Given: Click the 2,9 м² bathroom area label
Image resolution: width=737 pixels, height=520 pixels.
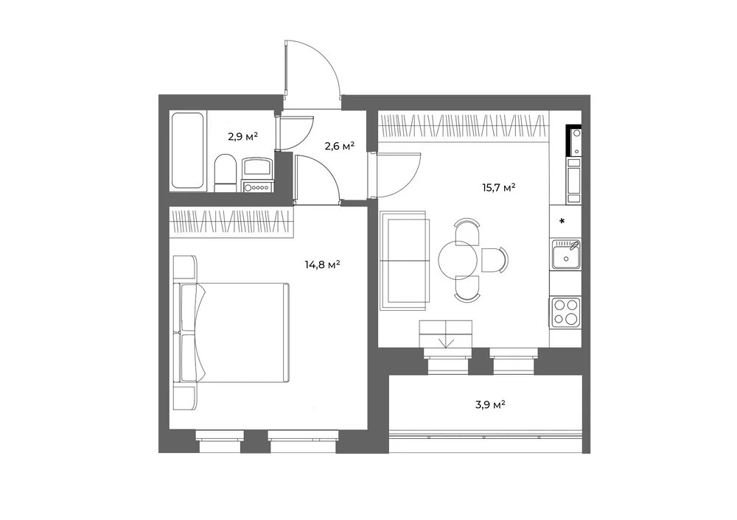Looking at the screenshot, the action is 242,137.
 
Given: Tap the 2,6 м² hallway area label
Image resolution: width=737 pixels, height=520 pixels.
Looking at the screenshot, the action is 339,146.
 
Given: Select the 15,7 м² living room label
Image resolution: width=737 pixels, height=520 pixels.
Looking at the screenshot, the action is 499,187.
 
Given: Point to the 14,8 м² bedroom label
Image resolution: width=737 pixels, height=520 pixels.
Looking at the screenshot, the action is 323,264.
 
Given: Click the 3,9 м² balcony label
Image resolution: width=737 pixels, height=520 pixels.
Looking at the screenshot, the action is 490,404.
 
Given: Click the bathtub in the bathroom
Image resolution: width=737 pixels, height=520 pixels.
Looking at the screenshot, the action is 187,150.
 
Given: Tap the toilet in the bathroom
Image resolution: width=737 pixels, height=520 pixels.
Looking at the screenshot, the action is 225,173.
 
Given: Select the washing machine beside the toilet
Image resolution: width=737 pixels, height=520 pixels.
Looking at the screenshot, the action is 257,175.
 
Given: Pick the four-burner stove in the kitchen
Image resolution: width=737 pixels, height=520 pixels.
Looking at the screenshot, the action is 566,312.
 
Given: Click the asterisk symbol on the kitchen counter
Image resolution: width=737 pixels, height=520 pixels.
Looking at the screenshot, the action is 562,221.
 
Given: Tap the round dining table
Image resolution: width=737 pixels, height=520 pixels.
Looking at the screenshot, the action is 458,260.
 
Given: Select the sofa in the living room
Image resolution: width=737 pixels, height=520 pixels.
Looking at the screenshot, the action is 404,261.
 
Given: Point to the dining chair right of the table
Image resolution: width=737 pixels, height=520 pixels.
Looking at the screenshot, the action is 495,260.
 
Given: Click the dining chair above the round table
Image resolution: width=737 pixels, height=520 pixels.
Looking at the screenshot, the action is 467,231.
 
